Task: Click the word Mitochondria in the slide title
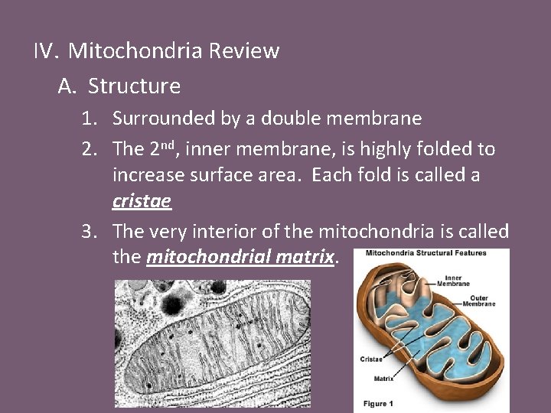click(x=135, y=51)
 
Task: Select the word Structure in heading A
click(x=134, y=86)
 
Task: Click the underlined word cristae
click(x=142, y=201)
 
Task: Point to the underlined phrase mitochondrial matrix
click(x=240, y=256)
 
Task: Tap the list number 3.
click(x=90, y=231)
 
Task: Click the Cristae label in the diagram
click(x=371, y=359)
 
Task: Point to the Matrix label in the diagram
click(x=374, y=377)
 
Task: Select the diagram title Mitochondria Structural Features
click(x=425, y=254)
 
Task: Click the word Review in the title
click(x=244, y=51)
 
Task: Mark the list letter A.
click(x=67, y=86)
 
